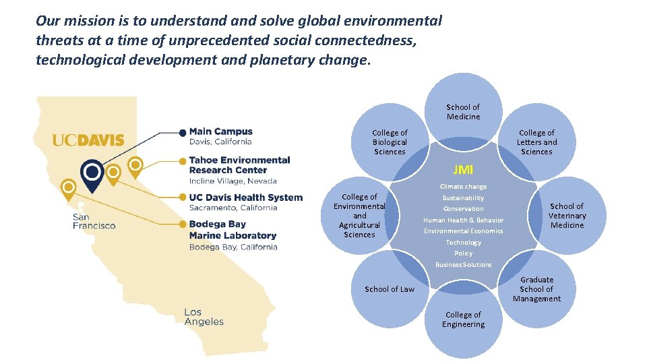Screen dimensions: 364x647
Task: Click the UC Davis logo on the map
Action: tap(88, 140)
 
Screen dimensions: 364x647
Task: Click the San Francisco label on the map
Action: tap(94, 221)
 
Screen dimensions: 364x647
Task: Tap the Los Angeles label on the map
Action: tap(204, 317)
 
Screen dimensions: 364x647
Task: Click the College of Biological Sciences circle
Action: tap(390, 142)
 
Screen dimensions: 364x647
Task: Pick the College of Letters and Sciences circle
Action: tap(536, 142)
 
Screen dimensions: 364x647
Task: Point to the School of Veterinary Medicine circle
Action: tap(567, 216)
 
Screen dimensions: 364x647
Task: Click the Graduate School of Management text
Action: tap(536, 289)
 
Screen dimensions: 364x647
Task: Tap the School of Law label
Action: tap(390, 289)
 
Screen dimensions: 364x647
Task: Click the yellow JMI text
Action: tap(463, 169)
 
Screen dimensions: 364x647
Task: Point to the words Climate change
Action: tap(463, 187)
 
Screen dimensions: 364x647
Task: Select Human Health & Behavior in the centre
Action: tap(463, 220)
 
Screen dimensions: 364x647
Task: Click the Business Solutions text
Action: tap(463, 264)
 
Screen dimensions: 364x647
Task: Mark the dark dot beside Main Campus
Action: tap(182, 132)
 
